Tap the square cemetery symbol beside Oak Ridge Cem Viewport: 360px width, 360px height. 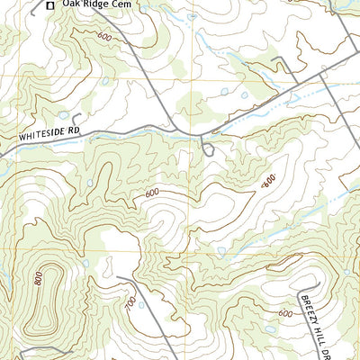50,4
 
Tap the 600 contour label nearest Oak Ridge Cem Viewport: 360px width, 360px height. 104,37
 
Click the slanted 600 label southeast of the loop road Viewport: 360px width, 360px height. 268,182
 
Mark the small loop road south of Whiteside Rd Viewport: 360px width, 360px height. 209,149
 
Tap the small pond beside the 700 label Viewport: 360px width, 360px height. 141,305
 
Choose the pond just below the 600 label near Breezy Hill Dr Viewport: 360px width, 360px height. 270,329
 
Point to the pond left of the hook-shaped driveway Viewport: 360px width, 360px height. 62,115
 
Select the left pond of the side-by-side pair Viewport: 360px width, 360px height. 223,92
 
